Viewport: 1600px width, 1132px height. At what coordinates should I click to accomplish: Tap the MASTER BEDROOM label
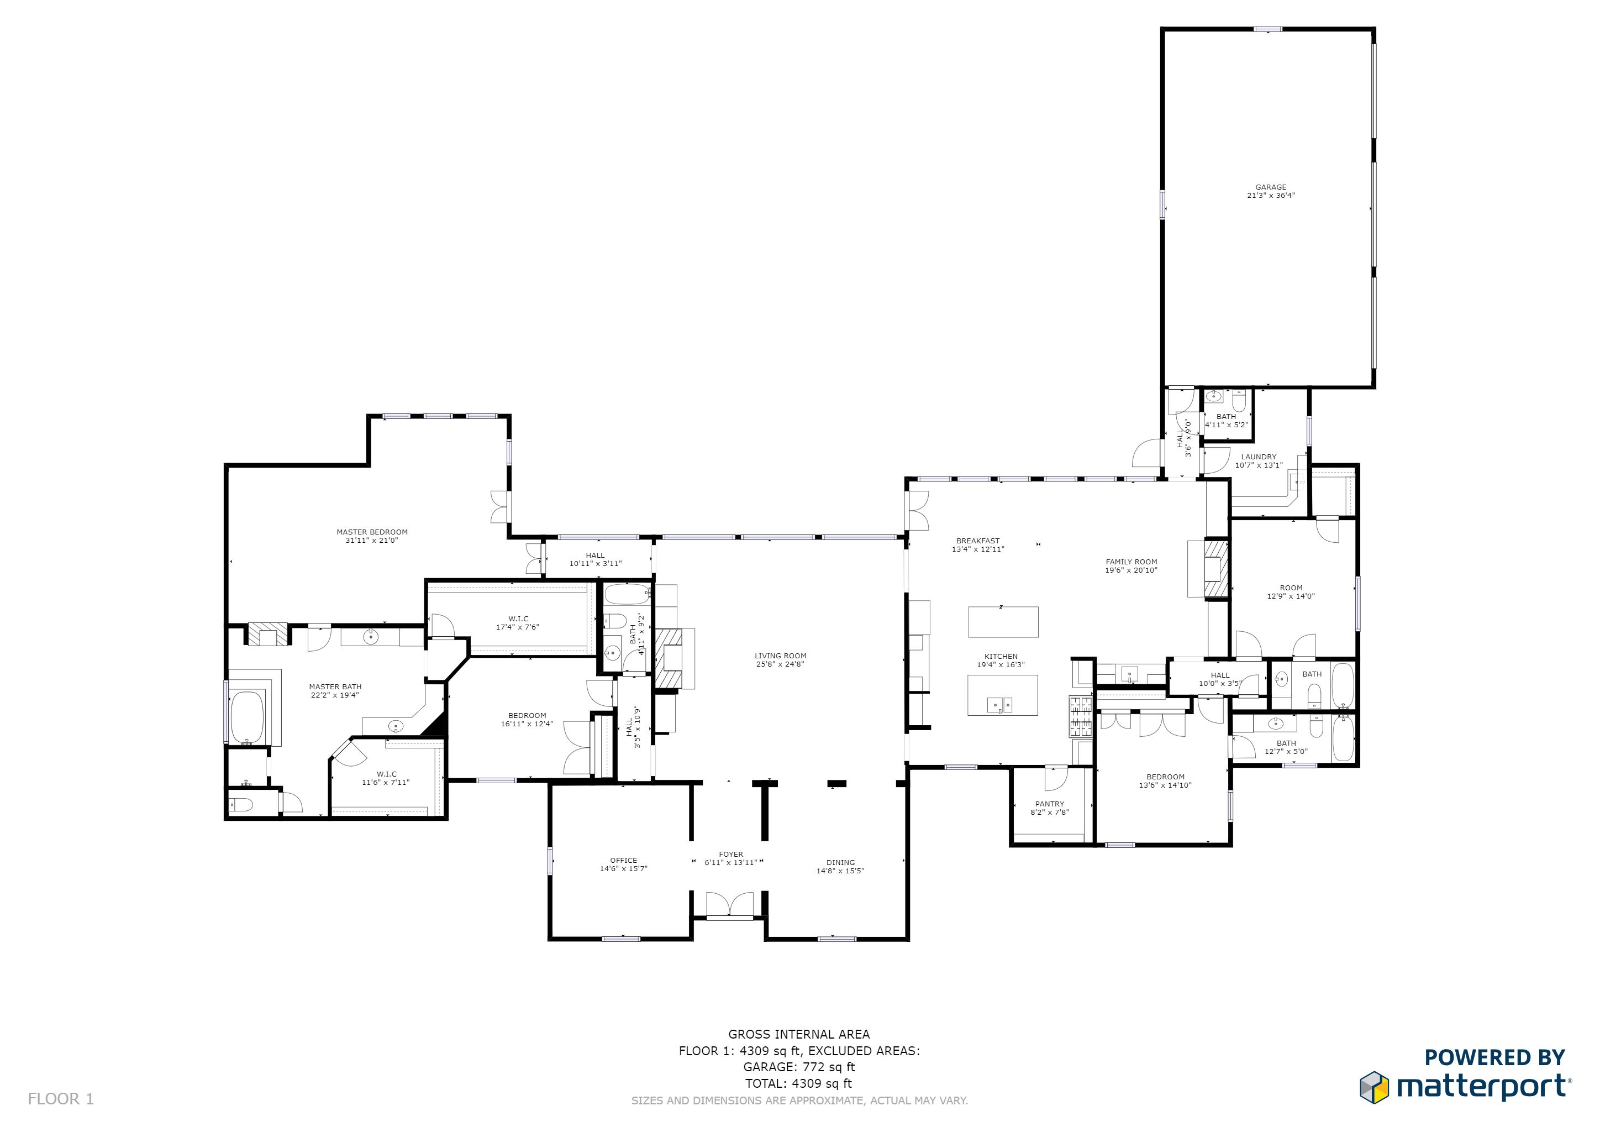pyautogui.click(x=372, y=532)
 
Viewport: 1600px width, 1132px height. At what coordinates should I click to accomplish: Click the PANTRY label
pyautogui.click(x=1050, y=804)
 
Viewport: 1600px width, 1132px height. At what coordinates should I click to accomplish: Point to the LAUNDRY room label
pyautogui.click(x=1259, y=457)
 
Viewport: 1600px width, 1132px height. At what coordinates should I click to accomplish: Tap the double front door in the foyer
pyautogui.click(x=730, y=905)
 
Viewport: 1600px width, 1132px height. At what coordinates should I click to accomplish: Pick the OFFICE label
pyautogui.click(x=623, y=860)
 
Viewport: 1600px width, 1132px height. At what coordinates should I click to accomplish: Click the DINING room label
pyautogui.click(x=840, y=862)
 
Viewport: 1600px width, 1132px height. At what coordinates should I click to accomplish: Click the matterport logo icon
pyautogui.click(x=1373, y=1087)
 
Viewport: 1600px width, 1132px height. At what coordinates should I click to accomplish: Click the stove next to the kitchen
pyautogui.click(x=1081, y=716)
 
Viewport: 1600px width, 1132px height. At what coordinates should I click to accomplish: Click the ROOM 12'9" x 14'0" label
pyautogui.click(x=1291, y=592)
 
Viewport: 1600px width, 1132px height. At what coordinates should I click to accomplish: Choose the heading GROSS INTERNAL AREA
pyautogui.click(x=798, y=1034)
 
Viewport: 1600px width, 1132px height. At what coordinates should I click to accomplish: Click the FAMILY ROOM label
pyautogui.click(x=1131, y=561)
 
